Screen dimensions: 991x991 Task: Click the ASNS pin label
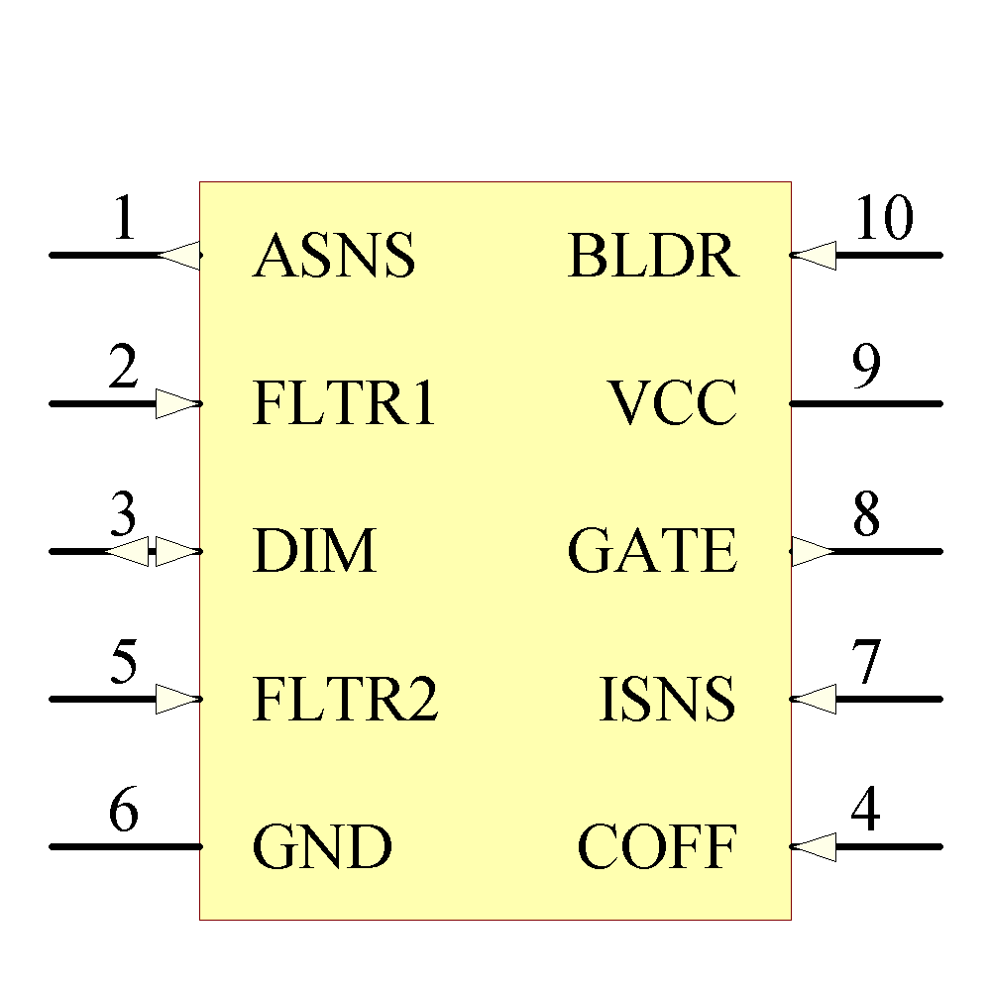tap(334, 257)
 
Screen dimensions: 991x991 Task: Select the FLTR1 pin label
tap(344, 404)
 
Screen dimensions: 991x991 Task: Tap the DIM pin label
tap(315, 552)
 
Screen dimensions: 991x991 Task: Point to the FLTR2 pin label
tap(345, 700)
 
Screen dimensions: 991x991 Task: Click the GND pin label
tap(322, 847)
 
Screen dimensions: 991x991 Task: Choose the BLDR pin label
tap(653, 257)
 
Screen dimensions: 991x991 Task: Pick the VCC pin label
tap(673, 404)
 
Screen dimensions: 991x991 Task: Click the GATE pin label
tap(652, 552)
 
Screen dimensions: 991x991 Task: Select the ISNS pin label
tap(668, 700)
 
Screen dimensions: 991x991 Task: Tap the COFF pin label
tap(657, 847)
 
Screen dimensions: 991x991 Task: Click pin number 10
tap(883, 219)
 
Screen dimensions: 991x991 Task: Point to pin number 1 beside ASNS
tap(123, 219)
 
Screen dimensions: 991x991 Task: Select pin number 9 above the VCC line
tap(866, 368)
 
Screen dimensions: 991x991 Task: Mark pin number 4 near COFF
tap(865, 811)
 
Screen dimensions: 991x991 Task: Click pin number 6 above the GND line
tap(123, 811)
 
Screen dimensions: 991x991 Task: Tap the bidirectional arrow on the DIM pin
tap(154, 552)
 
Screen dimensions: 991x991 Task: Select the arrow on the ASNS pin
tap(179, 256)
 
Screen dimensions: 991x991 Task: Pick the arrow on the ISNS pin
tap(814, 700)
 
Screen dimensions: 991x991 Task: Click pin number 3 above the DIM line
tap(123, 515)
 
